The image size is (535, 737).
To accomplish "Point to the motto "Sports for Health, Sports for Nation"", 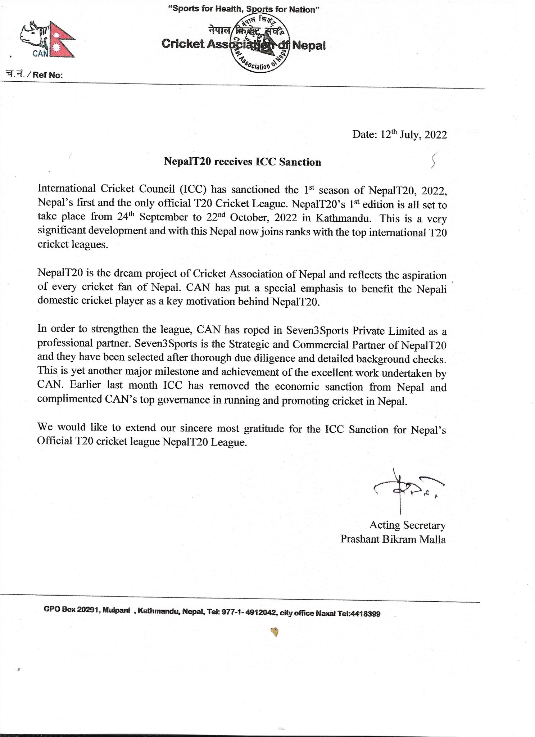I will pyautogui.click(x=244, y=9).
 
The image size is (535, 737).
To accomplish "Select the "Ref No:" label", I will pyautogui.click(x=47, y=75).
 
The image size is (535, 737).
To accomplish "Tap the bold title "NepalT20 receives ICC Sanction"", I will pyautogui.click(x=242, y=162).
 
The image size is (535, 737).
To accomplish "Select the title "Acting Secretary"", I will pyautogui.click(x=407, y=525).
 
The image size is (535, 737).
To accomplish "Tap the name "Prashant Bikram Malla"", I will pyautogui.click(x=393, y=539).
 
